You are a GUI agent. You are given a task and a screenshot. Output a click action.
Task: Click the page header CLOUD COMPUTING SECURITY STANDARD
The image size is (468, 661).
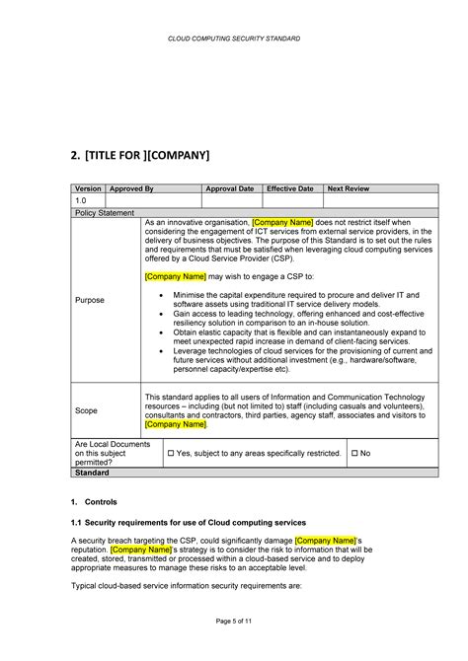tap(234, 38)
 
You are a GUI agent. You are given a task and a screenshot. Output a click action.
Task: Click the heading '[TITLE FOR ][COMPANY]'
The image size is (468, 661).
tap(140, 156)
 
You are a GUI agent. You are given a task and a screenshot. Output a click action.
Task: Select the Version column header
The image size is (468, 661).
tap(89, 187)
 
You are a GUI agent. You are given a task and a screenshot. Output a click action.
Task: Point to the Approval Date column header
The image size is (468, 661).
tap(229, 187)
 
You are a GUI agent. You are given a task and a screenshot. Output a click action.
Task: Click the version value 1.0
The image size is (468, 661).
tap(82, 200)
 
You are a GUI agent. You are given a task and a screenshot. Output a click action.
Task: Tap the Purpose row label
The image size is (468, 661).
tap(90, 300)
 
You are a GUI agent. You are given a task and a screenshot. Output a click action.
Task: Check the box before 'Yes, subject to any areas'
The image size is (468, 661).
tap(171, 453)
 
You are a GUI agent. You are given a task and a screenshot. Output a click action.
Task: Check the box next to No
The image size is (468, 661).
tap(355, 453)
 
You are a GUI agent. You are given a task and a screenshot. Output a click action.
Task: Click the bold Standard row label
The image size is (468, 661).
tap(93, 473)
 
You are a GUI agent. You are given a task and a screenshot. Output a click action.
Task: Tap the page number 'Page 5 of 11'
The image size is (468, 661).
tap(234, 619)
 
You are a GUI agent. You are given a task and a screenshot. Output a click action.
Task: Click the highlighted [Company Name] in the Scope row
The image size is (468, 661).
tap(176, 424)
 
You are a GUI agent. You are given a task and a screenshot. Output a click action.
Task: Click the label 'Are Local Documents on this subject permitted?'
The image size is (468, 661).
tap(108, 453)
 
